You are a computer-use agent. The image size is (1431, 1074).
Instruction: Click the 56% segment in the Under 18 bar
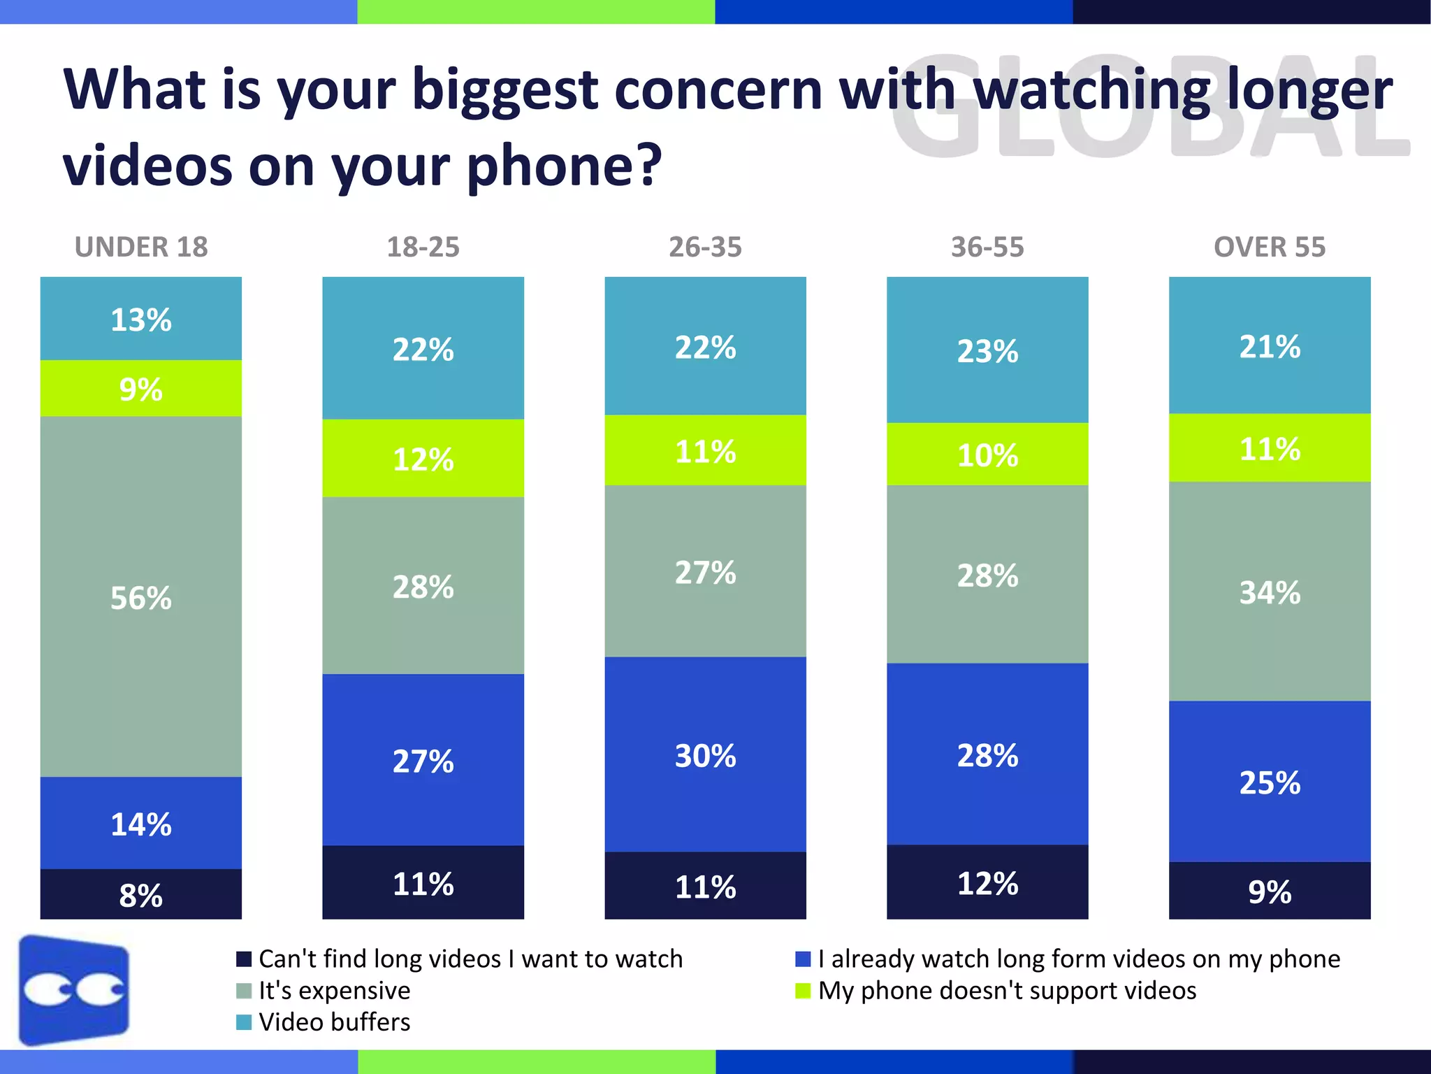140,596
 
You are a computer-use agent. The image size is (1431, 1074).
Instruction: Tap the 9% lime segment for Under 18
140,389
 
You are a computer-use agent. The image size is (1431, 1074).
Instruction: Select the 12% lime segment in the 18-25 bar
423,459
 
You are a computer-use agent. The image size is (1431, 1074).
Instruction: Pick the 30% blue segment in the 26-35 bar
705,754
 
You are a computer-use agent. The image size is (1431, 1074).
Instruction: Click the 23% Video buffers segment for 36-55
987,350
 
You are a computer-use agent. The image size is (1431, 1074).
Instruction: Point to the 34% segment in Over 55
1270,592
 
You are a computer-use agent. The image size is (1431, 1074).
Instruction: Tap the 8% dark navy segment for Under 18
140,894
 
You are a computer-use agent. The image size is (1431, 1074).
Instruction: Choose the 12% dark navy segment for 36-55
987,882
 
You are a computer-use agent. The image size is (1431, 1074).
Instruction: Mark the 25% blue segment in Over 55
1270,782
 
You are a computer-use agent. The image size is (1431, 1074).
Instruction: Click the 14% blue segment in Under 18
140,823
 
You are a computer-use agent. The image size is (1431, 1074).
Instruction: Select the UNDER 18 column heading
141,247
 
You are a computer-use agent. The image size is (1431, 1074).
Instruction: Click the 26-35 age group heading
705,247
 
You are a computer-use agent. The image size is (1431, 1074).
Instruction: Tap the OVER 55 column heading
1269,247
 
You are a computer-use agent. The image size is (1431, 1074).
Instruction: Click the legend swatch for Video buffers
244,1022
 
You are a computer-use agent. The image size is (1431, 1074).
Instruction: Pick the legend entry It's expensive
334,991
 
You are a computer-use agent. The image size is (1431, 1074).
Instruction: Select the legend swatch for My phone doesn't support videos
803,991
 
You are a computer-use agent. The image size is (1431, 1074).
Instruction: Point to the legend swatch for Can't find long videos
244,959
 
